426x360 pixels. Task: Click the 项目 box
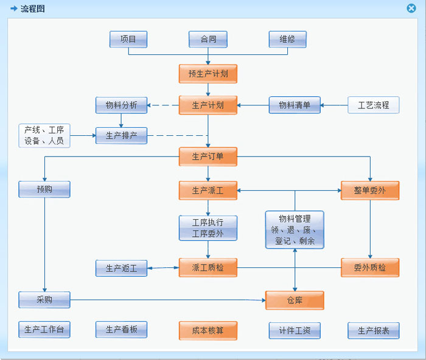[128, 40]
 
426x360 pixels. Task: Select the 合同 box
[208, 40]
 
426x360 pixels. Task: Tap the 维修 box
[287, 40]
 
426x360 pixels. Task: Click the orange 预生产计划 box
[208, 74]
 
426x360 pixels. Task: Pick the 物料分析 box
[121, 105]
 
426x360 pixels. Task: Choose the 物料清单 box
[295, 105]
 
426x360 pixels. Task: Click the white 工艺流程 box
[374, 105]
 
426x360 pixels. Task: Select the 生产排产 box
[121, 135]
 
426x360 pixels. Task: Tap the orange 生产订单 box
[208, 157]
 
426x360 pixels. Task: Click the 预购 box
[44, 189]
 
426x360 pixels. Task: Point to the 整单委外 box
[370, 191]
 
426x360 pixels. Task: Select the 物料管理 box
[295, 230]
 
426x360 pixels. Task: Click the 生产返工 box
[121, 268]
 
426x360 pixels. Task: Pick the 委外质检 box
[370, 268]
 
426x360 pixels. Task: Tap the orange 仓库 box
[295, 300]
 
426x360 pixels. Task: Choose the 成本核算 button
[208, 331]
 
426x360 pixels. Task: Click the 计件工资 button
[295, 331]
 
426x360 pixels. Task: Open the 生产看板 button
[121, 330]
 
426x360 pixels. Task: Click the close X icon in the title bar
[411, 9]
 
